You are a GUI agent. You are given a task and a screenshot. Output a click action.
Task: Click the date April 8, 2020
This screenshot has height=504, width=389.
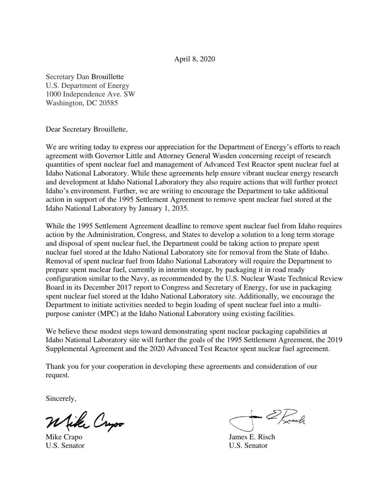(x=194, y=59)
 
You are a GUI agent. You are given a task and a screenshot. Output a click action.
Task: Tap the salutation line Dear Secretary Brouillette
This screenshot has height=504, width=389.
(x=86, y=129)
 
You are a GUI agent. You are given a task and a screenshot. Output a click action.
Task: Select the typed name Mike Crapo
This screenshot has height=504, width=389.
(x=64, y=437)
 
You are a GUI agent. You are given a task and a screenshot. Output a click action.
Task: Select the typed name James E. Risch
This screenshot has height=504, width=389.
(x=252, y=437)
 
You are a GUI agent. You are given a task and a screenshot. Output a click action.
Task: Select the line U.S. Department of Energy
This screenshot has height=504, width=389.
(x=87, y=86)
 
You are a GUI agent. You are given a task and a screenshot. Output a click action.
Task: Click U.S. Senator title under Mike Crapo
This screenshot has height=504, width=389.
(x=65, y=445)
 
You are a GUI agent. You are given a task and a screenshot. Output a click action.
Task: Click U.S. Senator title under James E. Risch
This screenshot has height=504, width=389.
(x=248, y=445)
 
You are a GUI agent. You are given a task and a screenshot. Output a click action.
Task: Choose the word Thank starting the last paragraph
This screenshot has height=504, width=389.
(x=54, y=366)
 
